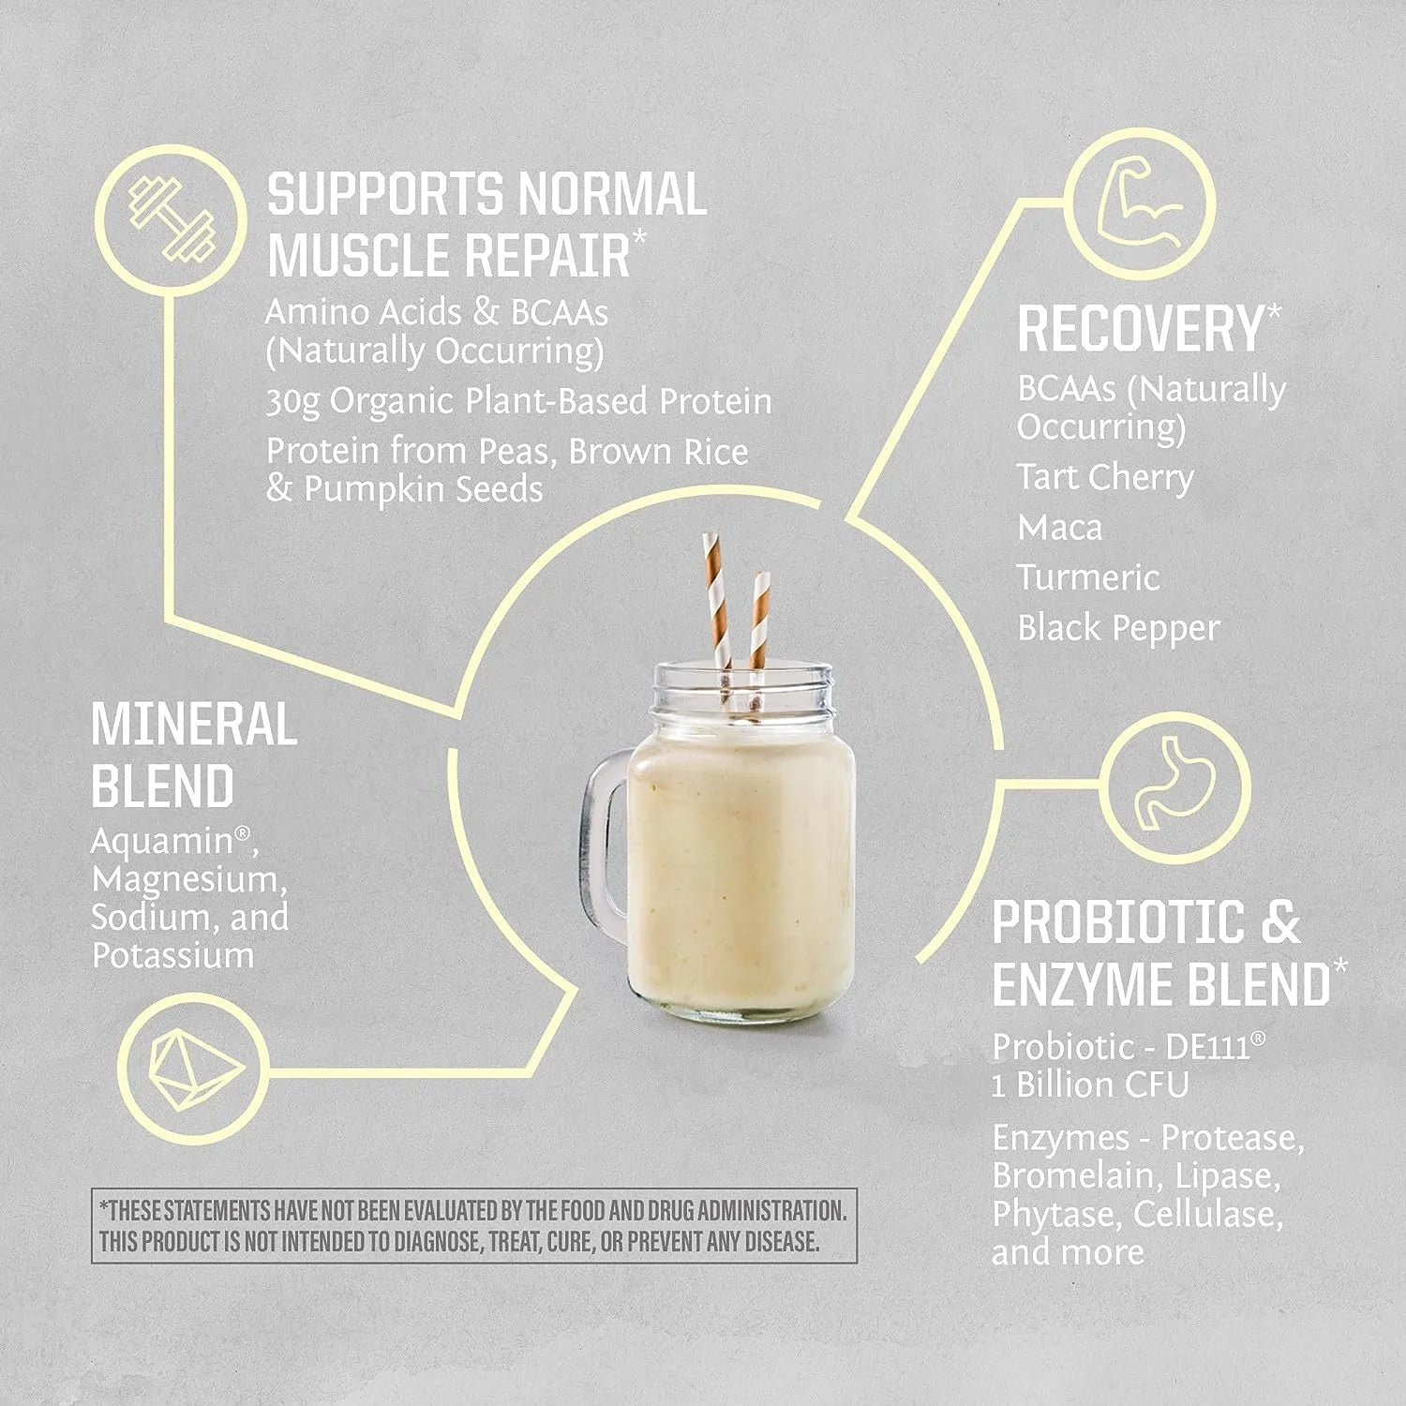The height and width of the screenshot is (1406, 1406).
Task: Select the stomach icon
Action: click(x=1174, y=786)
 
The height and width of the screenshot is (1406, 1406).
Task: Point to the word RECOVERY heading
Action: click(x=1141, y=329)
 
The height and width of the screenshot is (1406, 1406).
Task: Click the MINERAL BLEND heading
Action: click(x=194, y=755)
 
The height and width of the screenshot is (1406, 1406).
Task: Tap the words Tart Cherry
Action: click(x=1105, y=477)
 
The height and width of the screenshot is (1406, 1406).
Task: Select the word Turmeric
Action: click(x=1088, y=577)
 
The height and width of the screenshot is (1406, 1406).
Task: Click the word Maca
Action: click(x=1060, y=528)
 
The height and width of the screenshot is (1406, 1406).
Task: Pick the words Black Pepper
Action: click(x=1118, y=628)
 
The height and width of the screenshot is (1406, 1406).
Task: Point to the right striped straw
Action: click(x=758, y=619)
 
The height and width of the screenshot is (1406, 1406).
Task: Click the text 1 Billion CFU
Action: click(x=1090, y=1085)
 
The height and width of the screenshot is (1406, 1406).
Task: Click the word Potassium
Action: click(x=173, y=955)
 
